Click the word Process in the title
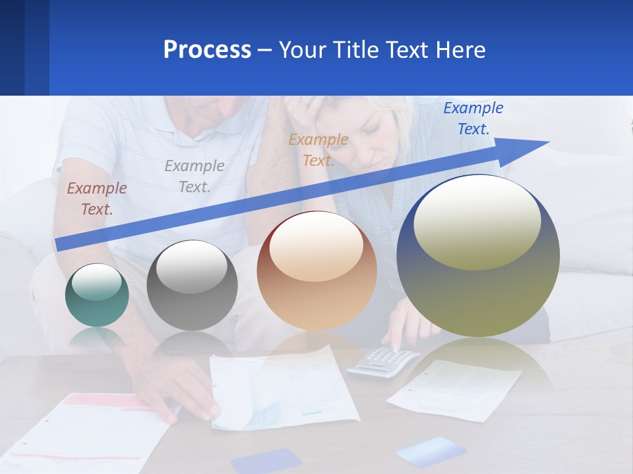[207, 50]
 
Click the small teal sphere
[97, 296]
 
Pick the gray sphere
[192, 286]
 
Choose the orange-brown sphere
[316, 271]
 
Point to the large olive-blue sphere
[478, 256]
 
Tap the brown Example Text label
[97, 199]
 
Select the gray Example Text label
[195, 176]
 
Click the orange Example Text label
[318, 149]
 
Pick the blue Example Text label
[473, 118]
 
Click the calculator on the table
[382, 361]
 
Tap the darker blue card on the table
[266, 460]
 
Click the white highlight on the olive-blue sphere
[477, 222]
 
